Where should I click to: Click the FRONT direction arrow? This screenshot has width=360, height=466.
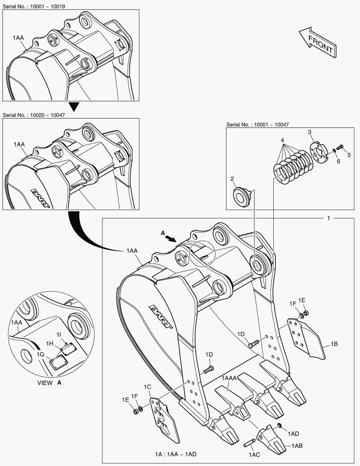click(317, 42)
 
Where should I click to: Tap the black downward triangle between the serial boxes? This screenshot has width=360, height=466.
click(75, 106)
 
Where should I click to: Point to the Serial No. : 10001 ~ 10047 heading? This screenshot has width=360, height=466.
click(257, 125)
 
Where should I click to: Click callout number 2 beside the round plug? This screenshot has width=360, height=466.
click(232, 179)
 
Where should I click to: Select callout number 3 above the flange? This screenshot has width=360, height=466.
click(310, 132)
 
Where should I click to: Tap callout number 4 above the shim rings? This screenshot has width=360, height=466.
click(282, 141)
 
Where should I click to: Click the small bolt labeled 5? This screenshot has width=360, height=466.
click(339, 147)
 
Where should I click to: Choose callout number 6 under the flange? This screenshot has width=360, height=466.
click(338, 161)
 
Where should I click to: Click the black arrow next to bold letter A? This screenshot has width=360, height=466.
click(171, 238)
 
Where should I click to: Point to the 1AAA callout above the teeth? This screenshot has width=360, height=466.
click(229, 378)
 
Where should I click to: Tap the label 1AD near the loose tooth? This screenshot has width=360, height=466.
click(293, 433)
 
